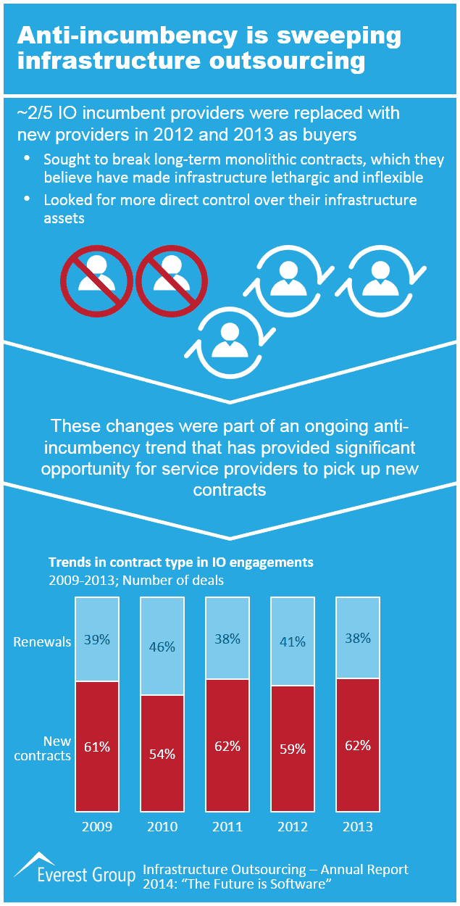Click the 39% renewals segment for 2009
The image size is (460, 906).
point(97,639)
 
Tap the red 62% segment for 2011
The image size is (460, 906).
point(227,745)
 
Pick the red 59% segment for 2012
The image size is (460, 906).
point(292,749)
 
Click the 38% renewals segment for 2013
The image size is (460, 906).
point(358,638)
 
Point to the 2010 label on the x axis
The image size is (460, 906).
point(162,826)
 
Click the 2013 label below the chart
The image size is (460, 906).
point(358,826)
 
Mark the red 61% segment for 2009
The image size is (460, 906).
point(97,747)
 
